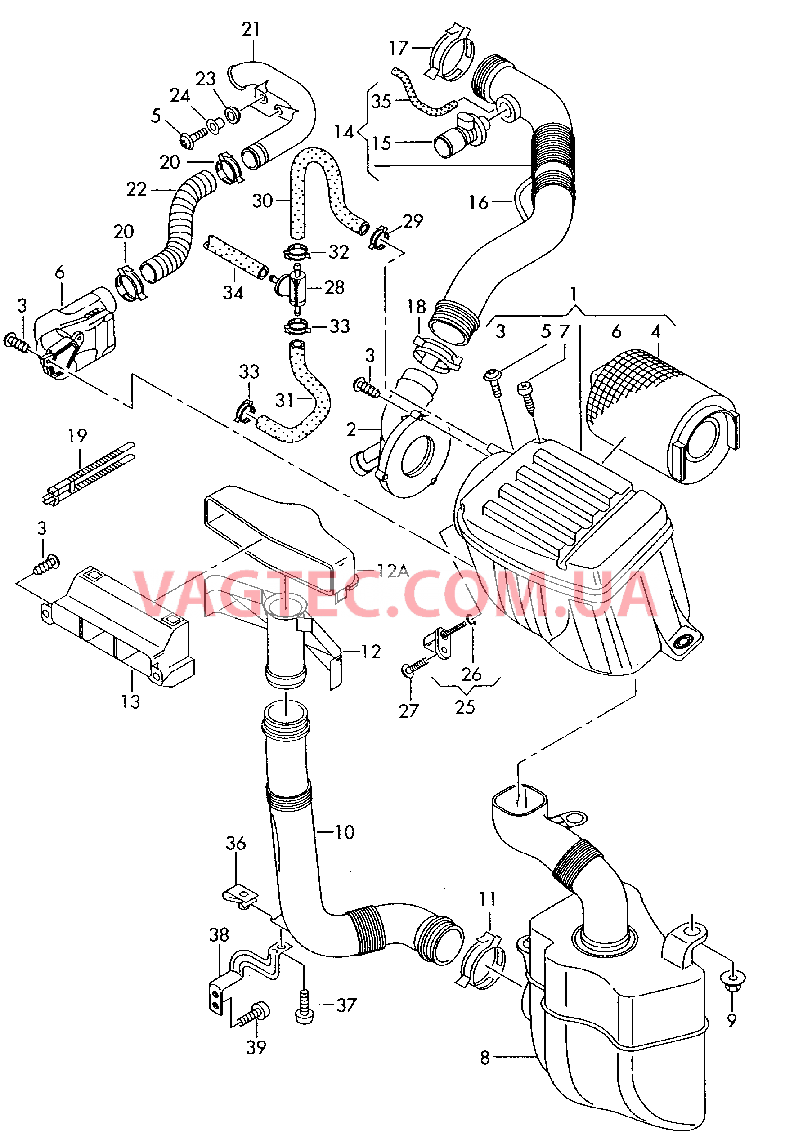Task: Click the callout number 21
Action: tap(251, 29)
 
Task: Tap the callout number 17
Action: tap(399, 48)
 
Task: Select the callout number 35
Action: tap(381, 101)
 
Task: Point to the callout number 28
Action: tap(335, 287)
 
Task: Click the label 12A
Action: tap(393, 571)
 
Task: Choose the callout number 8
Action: tap(485, 1058)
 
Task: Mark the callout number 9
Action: tap(731, 1020)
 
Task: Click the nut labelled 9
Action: tap(732, 979)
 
